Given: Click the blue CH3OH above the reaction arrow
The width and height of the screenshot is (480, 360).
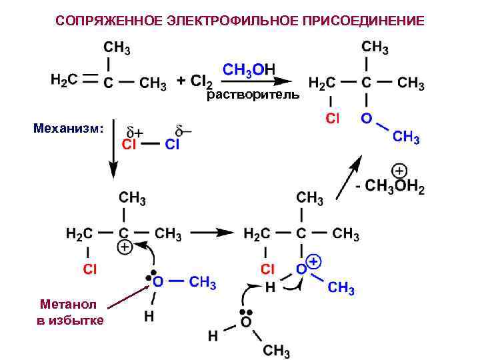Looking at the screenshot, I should [x=247, y=69].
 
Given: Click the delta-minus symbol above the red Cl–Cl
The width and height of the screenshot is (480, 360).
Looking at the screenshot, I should [x=182, y=130].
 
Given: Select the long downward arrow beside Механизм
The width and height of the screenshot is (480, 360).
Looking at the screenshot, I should [x=113, y=149].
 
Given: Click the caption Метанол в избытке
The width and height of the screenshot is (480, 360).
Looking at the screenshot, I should [x=70, y=312].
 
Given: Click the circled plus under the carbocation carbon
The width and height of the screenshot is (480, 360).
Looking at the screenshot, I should [x=124, y=247].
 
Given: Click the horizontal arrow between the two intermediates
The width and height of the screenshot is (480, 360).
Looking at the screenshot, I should [x=213, y=233].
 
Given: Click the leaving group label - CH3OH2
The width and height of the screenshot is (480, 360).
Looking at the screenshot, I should [x=391, y=187].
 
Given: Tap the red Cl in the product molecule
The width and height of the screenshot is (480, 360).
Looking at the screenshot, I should [x=331, y=119].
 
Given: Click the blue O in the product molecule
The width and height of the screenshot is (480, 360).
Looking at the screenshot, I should [x=367, y=118].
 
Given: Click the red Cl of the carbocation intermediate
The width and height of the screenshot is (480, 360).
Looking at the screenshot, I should [x=89, y=269].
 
